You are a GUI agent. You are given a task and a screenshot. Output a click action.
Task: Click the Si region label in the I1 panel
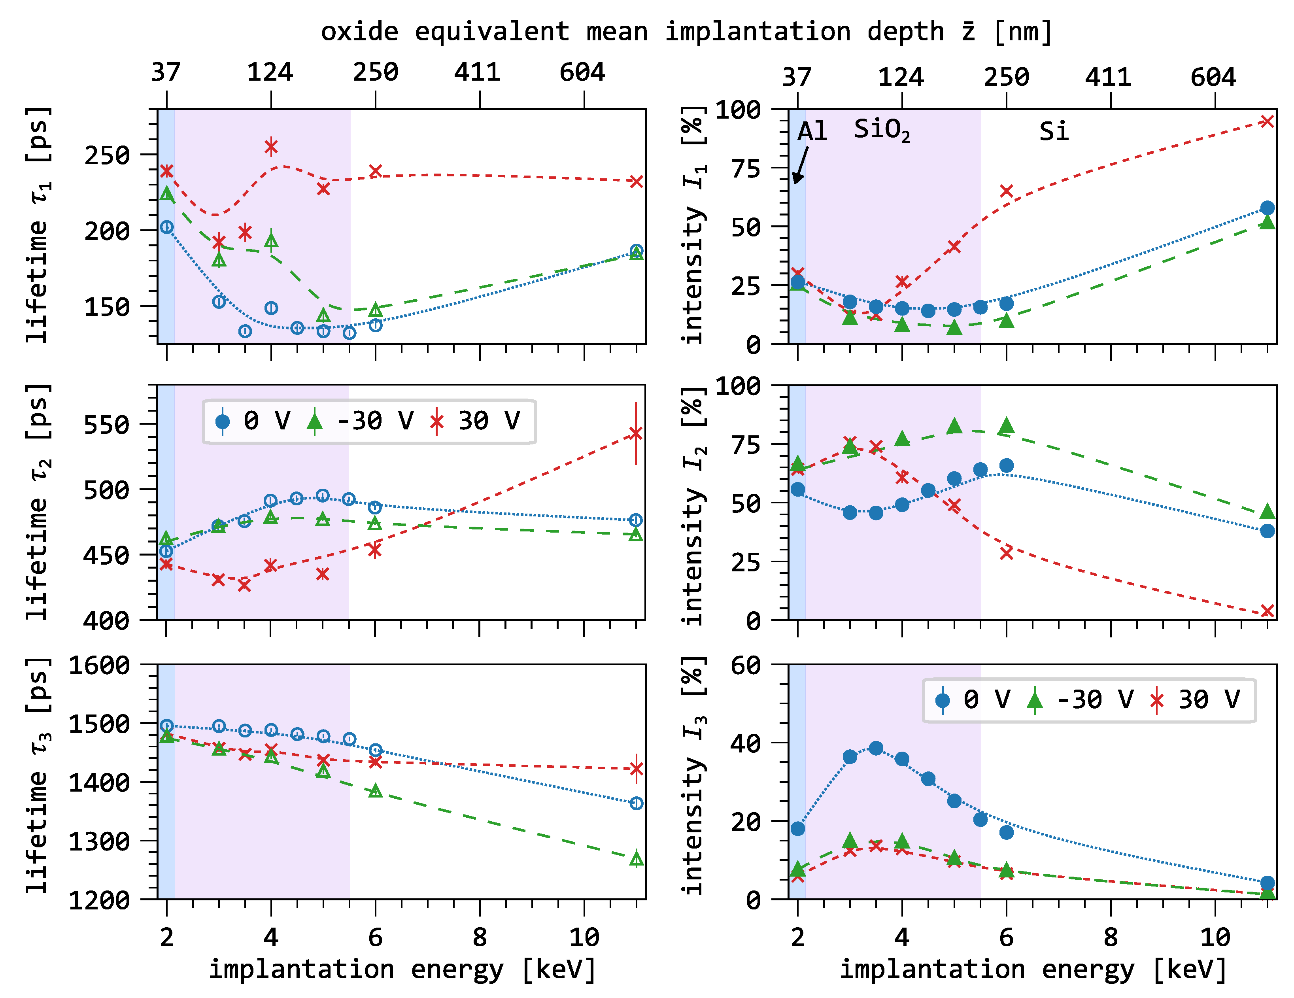pyautogui.click(x=1054, y=131)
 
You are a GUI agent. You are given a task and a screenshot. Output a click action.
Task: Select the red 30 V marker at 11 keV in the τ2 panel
pyautogui.click(x=636, y=433)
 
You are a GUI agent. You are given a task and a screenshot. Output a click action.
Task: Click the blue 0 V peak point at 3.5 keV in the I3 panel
pyautogui.click(x=876, y=748)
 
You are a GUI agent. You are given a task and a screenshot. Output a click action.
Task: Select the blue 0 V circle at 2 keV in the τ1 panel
pyautogui.click(x=167, y=227)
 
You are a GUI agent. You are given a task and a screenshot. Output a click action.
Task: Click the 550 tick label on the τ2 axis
pyautogui.click(x=107, y=424)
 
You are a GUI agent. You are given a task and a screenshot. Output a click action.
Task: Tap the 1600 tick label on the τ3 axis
pyautogui.click(x=99, y=665)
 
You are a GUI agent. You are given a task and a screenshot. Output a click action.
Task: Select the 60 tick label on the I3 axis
pyautogui.click(x=745, y=665)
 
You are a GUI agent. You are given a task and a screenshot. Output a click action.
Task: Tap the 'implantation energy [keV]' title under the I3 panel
pyautogui.click(x=1033, y=970)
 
